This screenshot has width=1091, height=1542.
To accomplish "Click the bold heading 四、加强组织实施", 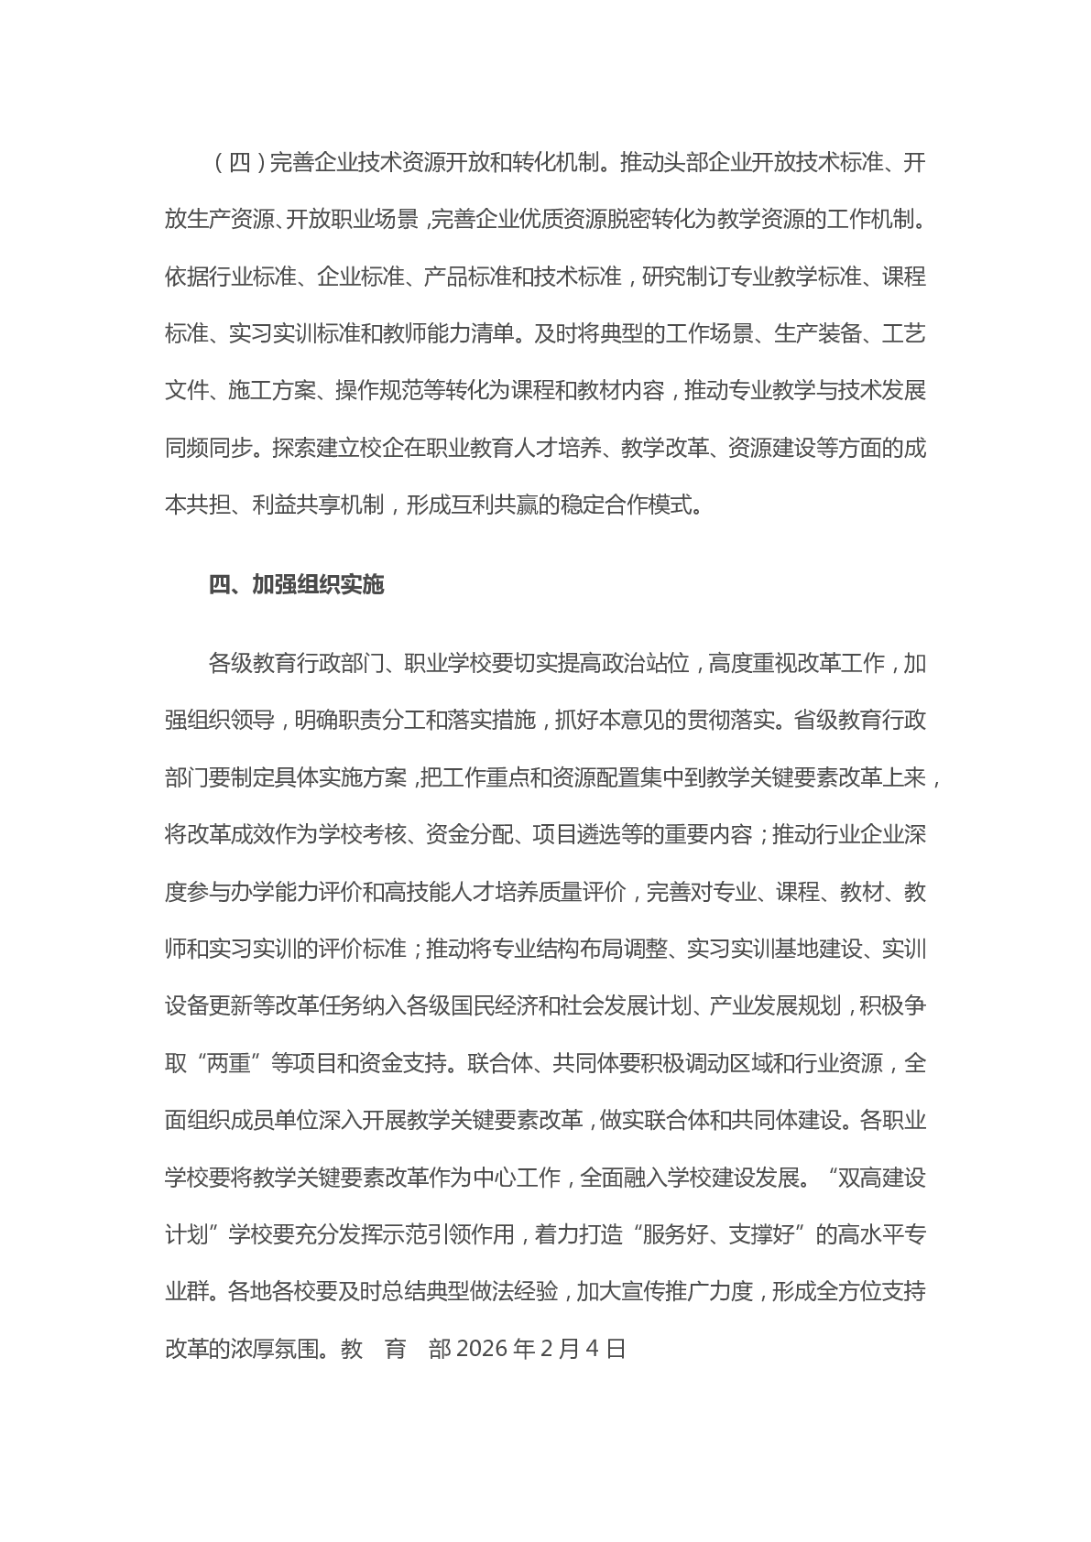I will [296, 584].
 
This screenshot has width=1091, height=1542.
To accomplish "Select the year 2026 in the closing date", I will [481, 1349].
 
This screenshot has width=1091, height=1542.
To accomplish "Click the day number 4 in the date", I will [590, 1349].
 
